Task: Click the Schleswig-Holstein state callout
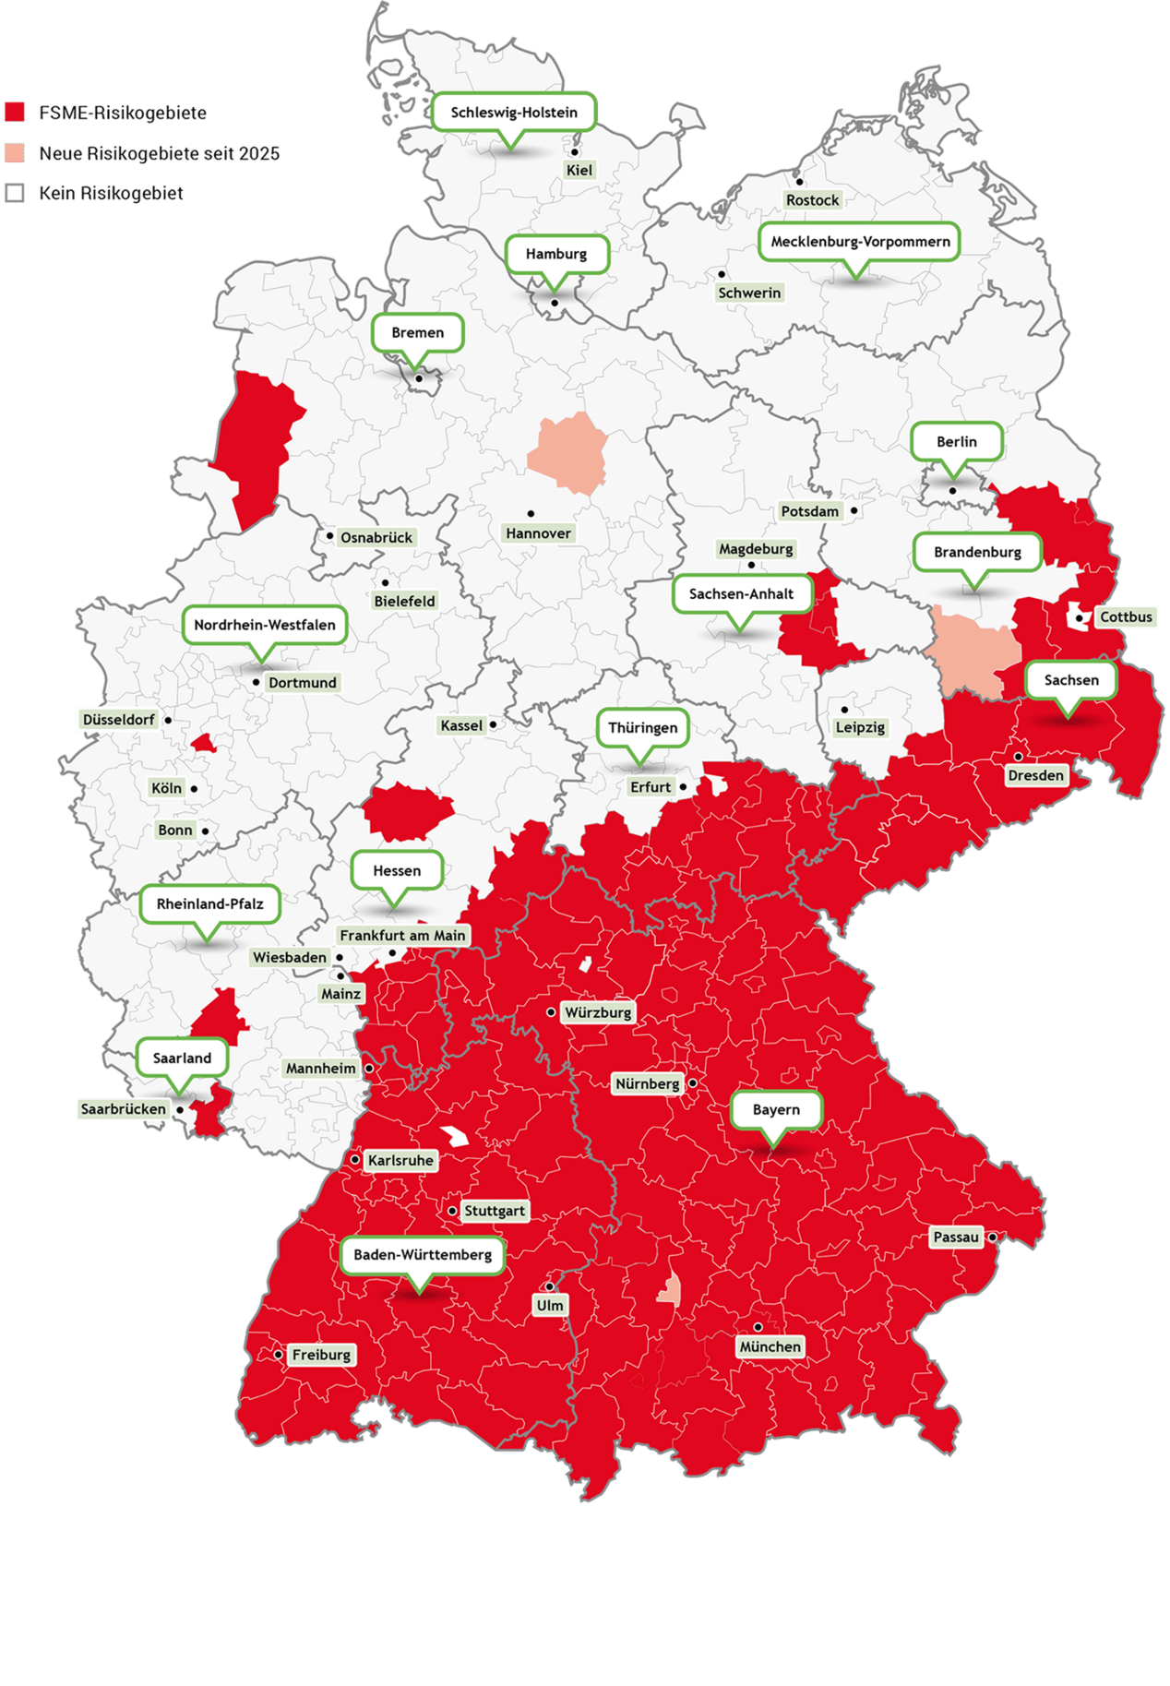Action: pyautogui.click(x=514, y=113)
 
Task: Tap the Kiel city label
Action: pyautogui.click(x=579, y=170)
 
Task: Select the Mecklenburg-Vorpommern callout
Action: pyautogui.click(x=860, y=242)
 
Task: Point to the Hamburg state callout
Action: pyautogui.click(x=556, y=254)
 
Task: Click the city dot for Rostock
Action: pyautogui.click(x=800, y=183)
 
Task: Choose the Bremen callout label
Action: pyautogui.click(x=417, y=332)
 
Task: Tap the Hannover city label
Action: pyautogui.click(x=539, y=533)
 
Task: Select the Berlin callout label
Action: pyautogui.click(x=956, y=442)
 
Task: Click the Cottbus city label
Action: pyautogui.click(x=1126, y=616)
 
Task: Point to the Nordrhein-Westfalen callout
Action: pyautogui.click(x=265, y=625)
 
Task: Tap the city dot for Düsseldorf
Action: pyautogui.click(x=168, y=720)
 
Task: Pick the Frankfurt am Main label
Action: pyautogui.click(x=402, y=936)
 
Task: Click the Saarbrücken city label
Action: pyautogui.click(x=124, y=1109)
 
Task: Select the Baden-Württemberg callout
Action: pyautogui.click(x=423, y=1255)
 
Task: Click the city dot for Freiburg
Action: pyautogui.click(x=278, y=1355)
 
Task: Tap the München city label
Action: pyautogui.click(x=770, y=1347)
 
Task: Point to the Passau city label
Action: pyautogui.click(x=956, y=1238)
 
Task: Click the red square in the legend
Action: pyautogui.click(x=15, y=113)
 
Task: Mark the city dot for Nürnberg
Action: pyautogui.click(x=692, y=1082)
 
